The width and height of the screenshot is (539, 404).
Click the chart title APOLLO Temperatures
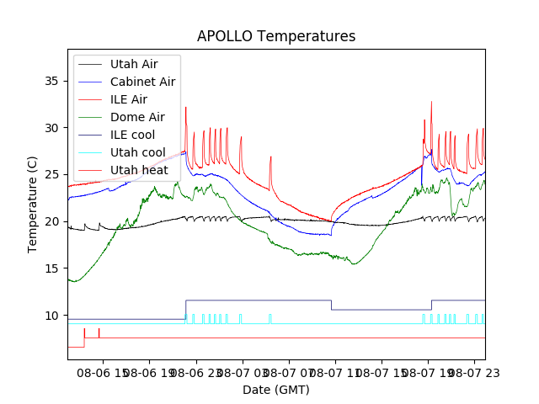pos(276,36)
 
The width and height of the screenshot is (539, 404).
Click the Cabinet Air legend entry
pos(142,82)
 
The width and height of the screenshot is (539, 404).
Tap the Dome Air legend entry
pos(137,117)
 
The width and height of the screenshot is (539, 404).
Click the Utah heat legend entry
pos(139,170)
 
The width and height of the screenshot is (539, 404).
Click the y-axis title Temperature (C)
pos(33,204)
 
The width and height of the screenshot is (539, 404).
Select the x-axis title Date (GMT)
pos(276,390)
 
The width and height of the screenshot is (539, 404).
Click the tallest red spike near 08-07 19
pos(431,103)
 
